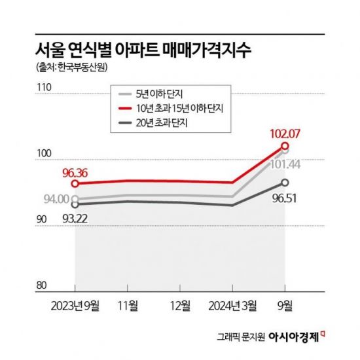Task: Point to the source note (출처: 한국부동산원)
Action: pos(69,69)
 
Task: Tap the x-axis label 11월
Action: pos(128,304)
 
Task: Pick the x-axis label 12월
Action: pos(180,304)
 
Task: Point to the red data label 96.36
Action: pos(75,175)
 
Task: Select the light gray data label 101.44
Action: pos(283,164)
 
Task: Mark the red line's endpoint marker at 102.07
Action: pos(285,145)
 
